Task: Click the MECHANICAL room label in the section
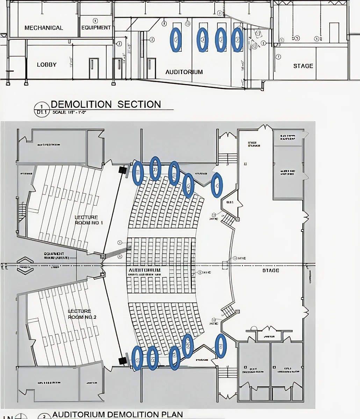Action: [44, 28]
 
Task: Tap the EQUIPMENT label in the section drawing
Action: [96, 28]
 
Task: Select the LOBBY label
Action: [46, 65]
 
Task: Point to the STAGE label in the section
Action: [303, 66]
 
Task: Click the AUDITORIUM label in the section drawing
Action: [184, 72]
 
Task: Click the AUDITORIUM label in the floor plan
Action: [145, 270]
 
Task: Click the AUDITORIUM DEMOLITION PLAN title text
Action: [117, 414]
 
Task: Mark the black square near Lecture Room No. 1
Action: [122, 170]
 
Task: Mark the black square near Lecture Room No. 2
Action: [122, 361]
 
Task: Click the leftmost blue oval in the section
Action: [176, 40]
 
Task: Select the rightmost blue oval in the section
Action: [237, 40]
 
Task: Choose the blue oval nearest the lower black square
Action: [137, 358]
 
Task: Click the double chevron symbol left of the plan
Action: [24, 266]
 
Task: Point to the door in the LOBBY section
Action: [92, 68]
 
